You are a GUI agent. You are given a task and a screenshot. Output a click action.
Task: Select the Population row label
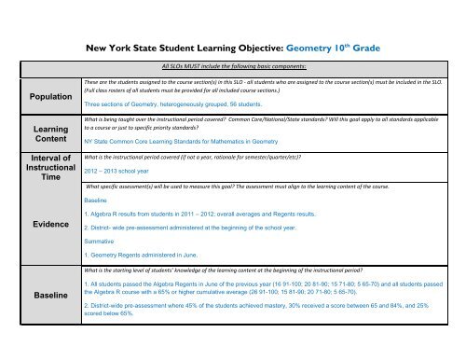click(x=40, y=95)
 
